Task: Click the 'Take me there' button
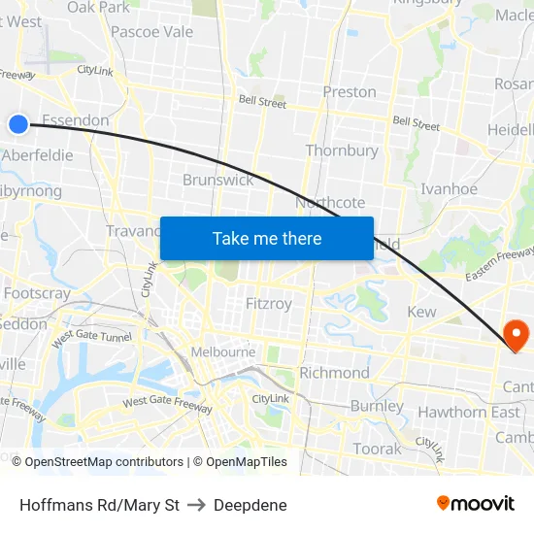click(x=267, y=238)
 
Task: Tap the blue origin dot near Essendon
click(x=18, y=123)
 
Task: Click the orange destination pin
click(x=516, y=336)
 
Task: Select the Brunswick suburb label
click(x=218, y=180)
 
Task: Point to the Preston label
click(x=350, y=92)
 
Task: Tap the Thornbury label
click(x=342, y=150)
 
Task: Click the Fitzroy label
click(x=269, y=304)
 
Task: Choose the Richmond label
click(x=334, y=373)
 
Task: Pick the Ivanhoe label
click(x=449, y=189)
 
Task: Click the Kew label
click(x=422, y=312)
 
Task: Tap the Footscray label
click(x=37, y=292)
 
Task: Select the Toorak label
click(x=377, y=449)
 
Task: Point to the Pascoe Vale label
click(x=152, y=31)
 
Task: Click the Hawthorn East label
click(x=469, y=412)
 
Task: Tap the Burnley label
click(x=377, y=406)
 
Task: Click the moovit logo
click(x=476, y=504)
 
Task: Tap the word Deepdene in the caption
click(x=250, y=505)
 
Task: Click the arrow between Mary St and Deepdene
click(x=196, y=505)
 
